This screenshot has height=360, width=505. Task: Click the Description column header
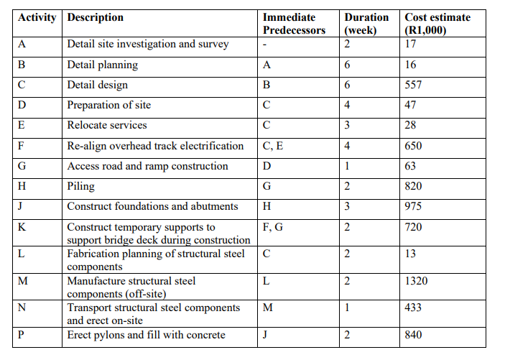pos(95,17)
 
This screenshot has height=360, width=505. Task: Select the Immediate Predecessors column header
pos(294,24)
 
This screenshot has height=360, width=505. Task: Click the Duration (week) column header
pos(366,24)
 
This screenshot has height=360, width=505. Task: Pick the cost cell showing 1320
pos(416,281)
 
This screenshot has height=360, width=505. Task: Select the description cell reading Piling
pos(80,186)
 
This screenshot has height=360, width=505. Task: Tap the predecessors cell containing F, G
pos(273,227)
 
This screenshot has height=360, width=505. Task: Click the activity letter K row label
pos(22,227)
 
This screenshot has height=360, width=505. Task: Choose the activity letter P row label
pos(22,335)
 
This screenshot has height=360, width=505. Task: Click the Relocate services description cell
pos(107,126)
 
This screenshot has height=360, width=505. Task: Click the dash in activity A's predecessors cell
pos(265,45)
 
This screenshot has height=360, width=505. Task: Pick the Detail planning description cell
pos(102,65)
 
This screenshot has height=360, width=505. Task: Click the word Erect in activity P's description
pos(80,335)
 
